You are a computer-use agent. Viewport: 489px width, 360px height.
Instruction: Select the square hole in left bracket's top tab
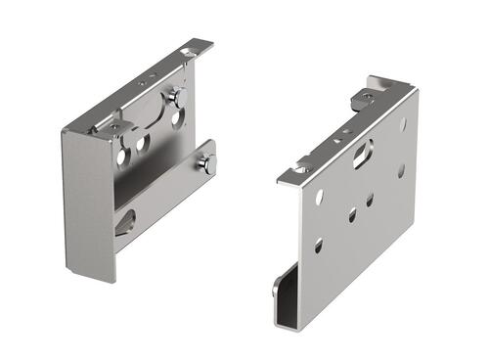click(188, 51)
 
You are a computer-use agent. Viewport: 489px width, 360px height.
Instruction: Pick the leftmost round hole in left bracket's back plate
click(122, 155)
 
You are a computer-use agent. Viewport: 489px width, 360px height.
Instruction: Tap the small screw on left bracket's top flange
click(114, 127)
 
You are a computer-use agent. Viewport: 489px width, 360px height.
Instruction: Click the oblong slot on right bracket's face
click(362, 151)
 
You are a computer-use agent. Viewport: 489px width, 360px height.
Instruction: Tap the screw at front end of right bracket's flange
click(301, 169)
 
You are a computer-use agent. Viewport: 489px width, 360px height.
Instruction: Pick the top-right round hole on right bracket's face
click(403, 125)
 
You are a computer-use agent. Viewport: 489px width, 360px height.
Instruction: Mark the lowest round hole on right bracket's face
click(318, 245)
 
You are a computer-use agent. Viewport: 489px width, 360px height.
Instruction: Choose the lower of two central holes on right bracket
click(351, 215)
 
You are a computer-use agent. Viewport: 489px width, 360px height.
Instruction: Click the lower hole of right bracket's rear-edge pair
click(400, 169)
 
